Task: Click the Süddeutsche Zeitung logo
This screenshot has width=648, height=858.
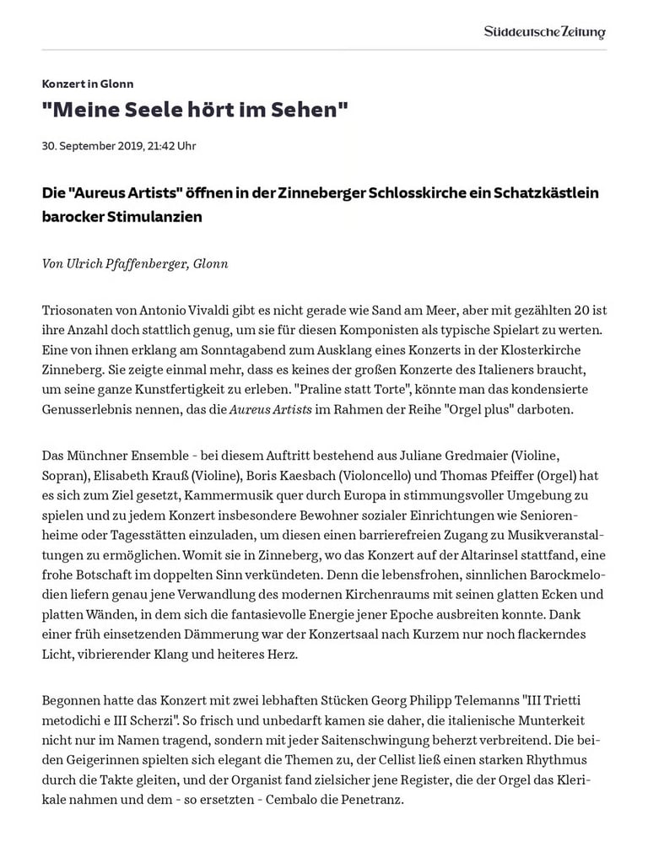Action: click(x=544, y=32)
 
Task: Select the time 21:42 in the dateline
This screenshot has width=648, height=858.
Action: click(x=161, y=146)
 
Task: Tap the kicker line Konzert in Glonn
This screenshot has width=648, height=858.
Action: click(x=88, y=84)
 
